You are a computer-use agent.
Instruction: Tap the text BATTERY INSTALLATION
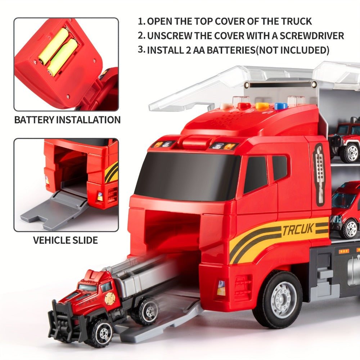[x=67, y=120]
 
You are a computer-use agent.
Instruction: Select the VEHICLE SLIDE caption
[x=66, y=240]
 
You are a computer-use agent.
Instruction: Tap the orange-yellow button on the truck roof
[x=262, y=106]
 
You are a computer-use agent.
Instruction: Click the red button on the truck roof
[x=244, y=106]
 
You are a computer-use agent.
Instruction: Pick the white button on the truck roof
[x=226, y=106]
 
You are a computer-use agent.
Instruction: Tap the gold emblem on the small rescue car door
[x=110, y=298]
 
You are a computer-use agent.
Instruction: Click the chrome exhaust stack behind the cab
[x=319, y=175]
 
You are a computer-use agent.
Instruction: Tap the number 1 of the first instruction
[x=140, y=21]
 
